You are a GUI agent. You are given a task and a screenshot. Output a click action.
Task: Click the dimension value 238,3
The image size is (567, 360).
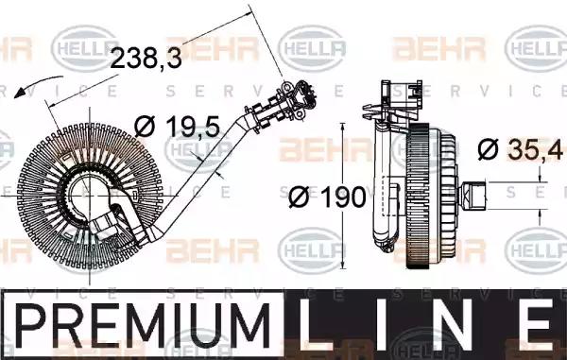[x=146, y=58]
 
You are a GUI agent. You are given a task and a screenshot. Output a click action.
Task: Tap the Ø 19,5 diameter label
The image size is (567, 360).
[x=177, y=127]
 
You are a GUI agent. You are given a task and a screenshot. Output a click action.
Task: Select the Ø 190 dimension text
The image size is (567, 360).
[x=327, y=197]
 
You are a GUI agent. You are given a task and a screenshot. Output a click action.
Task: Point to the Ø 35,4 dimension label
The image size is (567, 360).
[x=520, y=149]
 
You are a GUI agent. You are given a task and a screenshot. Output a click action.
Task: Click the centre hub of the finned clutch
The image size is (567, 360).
[x=88, y=196]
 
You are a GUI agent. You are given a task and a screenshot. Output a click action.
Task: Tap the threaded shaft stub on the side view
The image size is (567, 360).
[x=472, y=196]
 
